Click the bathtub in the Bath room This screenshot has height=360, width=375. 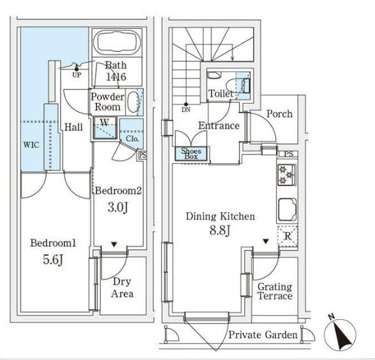116,42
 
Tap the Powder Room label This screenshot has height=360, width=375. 107,102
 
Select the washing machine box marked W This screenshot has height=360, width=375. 105,128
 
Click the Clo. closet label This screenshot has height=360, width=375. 132,139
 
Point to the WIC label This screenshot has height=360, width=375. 31,145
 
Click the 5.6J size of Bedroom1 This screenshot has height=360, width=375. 53,260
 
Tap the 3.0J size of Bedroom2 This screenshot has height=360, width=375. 118,207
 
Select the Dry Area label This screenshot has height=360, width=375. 122,288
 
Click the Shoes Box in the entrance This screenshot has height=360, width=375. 191,153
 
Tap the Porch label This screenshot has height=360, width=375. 279,114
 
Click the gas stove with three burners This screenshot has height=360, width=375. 287,175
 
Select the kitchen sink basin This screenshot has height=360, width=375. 287,210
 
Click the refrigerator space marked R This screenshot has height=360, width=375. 287,237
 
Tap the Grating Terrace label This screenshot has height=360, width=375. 275,292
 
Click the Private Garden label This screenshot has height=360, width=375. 263,334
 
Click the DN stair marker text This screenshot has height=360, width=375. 186,110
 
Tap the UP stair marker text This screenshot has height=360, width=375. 77,75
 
